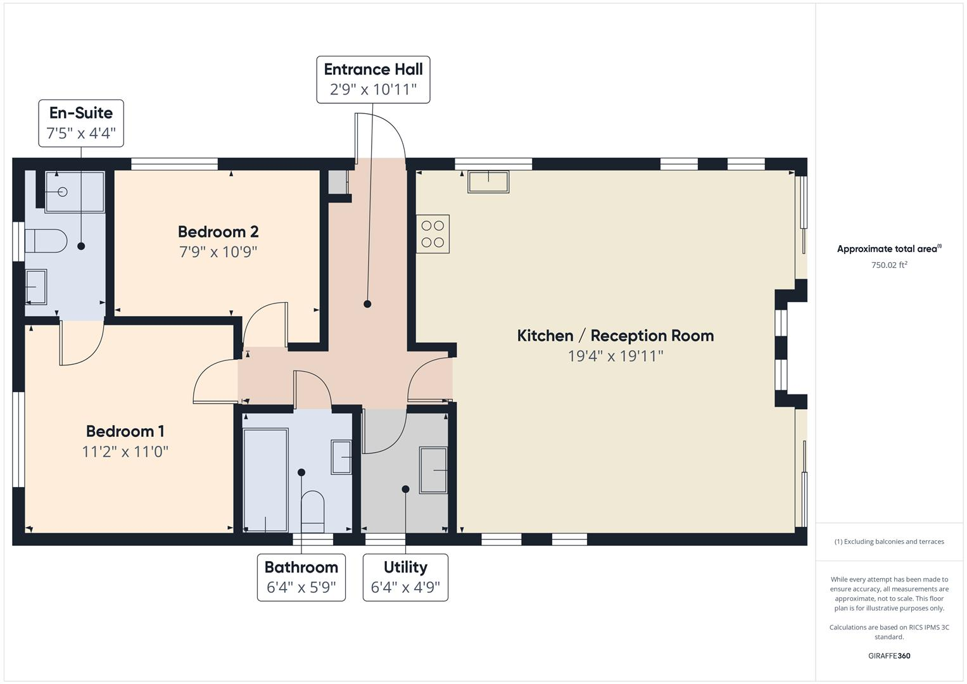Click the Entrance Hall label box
pos(373,79)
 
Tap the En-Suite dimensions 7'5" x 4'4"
pos(81,134)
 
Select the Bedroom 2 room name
pos(218,232)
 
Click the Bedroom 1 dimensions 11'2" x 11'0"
pos(125,452)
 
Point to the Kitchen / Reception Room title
pos(615,336)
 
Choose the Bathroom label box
pos(301,578)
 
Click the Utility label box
pos(405,578)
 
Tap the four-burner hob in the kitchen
pos(433,234)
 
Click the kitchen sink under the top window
pos(488,182)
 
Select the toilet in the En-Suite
pos(46,241)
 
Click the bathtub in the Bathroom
pos(266,480)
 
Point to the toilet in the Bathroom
pos(312,511)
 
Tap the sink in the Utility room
pos(433,470)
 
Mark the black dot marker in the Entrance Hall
pos(367,304)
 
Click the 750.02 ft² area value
pos(888,265)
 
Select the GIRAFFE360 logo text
pos(888,655)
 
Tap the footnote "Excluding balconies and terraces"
pos(888,541)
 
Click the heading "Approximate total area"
pos(888,249)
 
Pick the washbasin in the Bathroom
pos(341,457)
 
